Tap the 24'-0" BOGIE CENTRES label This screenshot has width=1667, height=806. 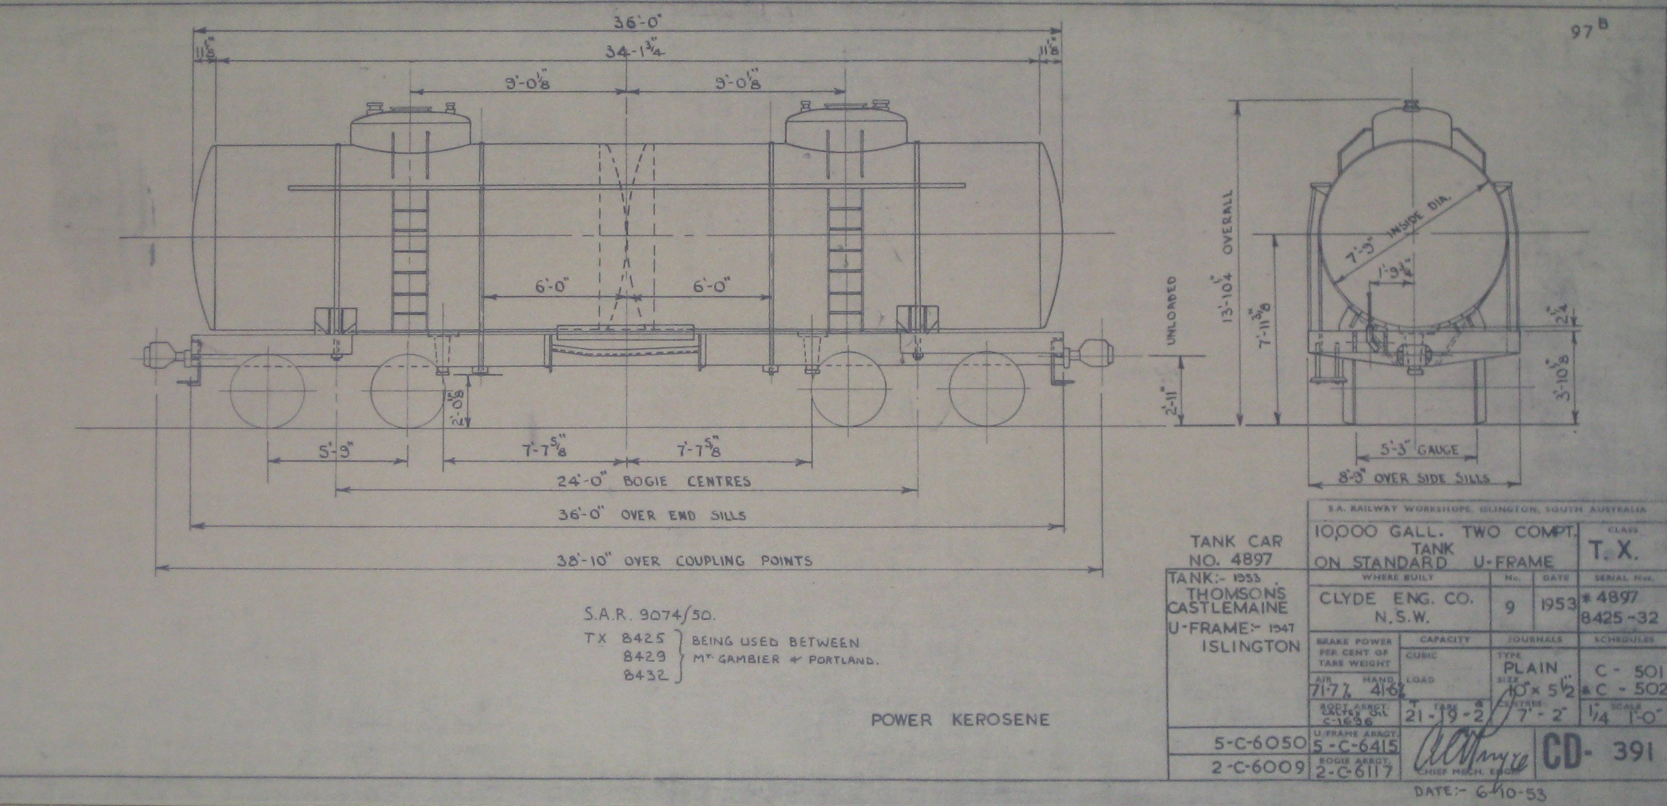pyautogui.click(x=654, y=481)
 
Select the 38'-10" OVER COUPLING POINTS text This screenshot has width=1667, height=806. pyautogui.click(x=685, y=560)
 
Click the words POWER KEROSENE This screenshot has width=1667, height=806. pyautogui.click(x=960, y=720)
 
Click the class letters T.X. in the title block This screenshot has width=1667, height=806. pyautogui.click(x=1618, y=551)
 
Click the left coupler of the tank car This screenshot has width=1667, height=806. pyautogui.click(x=162, y=355)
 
